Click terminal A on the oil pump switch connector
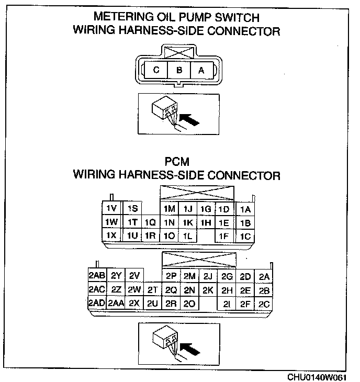201,70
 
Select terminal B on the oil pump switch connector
179,70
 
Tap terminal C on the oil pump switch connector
156,70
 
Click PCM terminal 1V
111,209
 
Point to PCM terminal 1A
245,209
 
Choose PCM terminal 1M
169,209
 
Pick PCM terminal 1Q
151,222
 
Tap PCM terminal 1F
223,236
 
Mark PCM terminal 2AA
116,303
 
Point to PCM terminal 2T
152,290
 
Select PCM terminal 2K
208,290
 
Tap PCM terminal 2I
227,303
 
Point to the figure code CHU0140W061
316,376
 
